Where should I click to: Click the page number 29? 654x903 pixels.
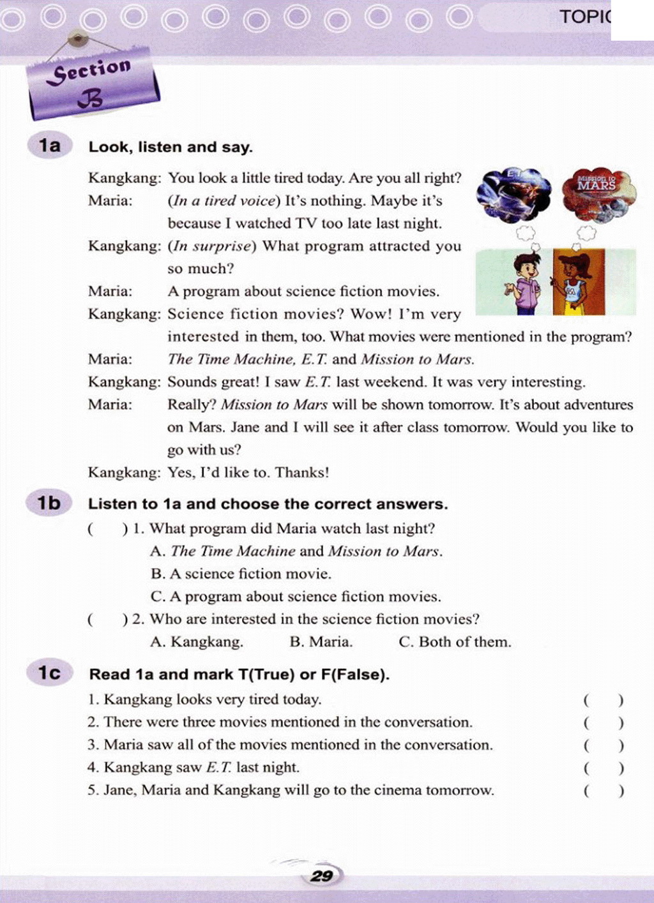(x=322, y=876)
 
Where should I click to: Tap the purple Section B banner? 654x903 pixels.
(x=93, y=84)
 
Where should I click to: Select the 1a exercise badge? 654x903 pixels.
(x=50, y=146)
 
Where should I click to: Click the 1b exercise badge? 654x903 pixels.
(x=49, y=504)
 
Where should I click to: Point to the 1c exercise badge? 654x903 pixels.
(x=49, y=673)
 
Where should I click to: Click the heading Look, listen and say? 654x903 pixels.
(x=171, y=147)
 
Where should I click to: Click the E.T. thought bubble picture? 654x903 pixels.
(x=514, y=194)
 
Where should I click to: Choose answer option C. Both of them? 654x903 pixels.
(x=455, y=642)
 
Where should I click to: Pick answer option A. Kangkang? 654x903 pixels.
(x=197, y=642)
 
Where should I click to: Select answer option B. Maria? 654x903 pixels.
(x=321, y=642)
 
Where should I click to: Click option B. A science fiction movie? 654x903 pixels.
(x=241, y=574)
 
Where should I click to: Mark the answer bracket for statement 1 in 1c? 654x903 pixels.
(x=603, y=700)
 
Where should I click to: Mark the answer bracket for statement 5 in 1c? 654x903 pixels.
(x=603, y=791)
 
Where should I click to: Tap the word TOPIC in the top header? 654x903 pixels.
(x=584, y=17)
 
